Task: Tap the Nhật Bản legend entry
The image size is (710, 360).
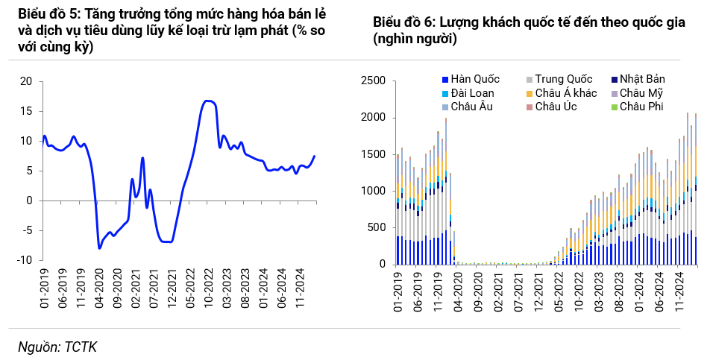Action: (642, 79)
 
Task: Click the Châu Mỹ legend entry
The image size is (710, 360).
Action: (641, 93)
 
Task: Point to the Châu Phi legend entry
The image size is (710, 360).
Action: (639, 107)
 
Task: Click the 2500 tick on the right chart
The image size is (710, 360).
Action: (372, 80)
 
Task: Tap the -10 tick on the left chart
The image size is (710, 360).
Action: (25, 260)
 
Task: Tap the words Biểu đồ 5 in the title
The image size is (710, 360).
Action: (40, 15)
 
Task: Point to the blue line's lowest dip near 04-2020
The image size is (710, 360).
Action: (99, 247)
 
